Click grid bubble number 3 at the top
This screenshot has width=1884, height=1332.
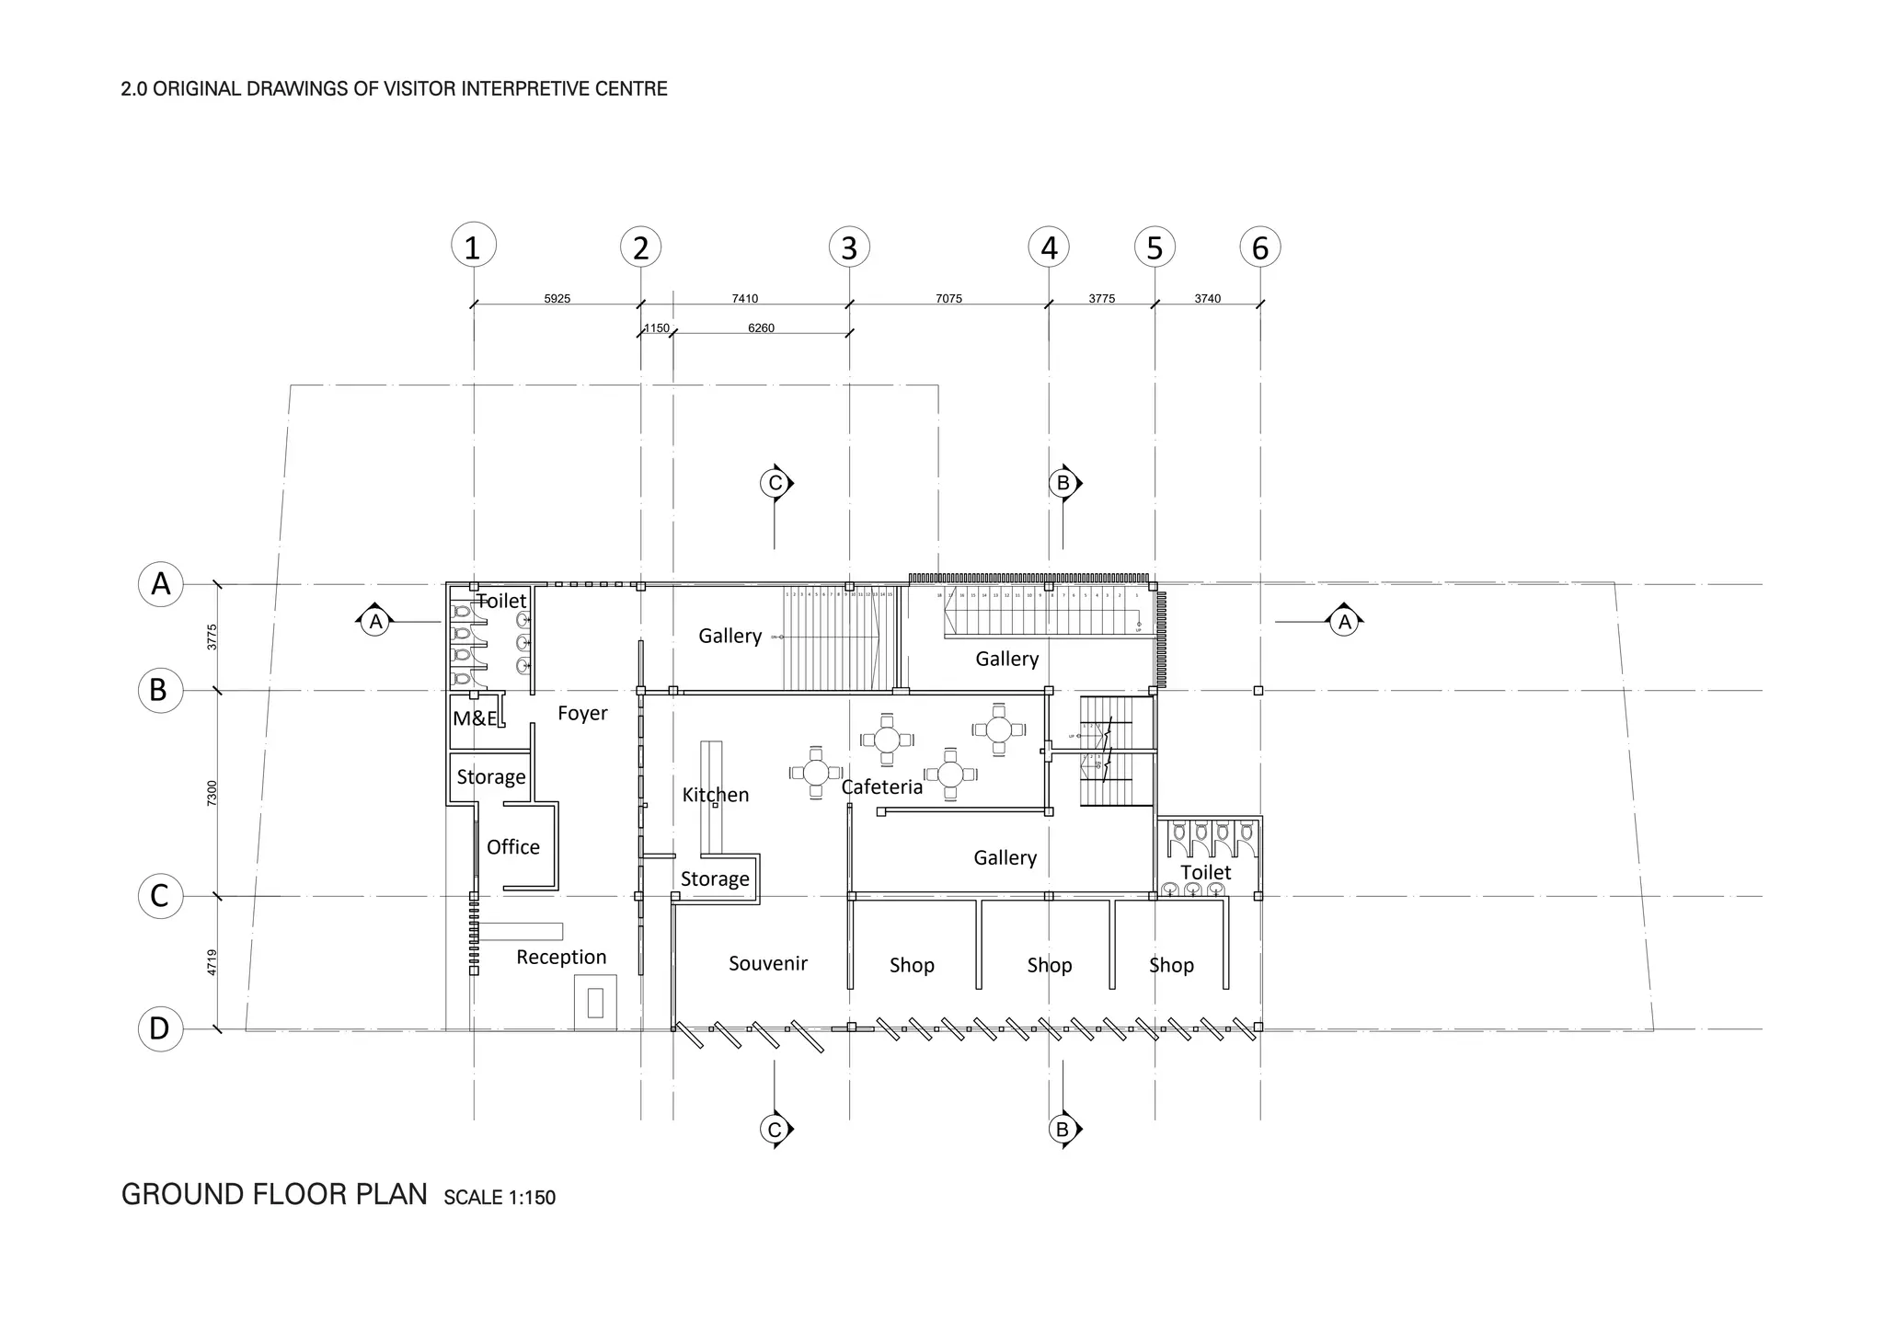849,247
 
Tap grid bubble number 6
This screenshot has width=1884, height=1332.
1260,247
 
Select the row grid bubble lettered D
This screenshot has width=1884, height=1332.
160,1028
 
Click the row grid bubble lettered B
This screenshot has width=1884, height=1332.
160,690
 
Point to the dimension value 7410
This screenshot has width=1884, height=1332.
744,299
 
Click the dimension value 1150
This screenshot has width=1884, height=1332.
657,328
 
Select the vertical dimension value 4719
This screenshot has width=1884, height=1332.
213,962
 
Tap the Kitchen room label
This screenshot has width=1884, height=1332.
715,795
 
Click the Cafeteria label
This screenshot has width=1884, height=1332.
881,787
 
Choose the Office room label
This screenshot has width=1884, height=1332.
512,847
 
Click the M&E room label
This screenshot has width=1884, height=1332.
475,718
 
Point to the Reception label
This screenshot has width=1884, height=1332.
561,957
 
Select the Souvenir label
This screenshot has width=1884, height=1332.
767,963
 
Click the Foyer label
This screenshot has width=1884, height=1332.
582,713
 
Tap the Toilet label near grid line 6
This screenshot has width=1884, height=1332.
1205,872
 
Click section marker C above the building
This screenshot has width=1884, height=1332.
775,483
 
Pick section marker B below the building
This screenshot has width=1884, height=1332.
1063,1129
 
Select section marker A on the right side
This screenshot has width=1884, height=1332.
1344,623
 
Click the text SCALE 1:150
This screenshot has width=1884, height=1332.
500,1198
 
